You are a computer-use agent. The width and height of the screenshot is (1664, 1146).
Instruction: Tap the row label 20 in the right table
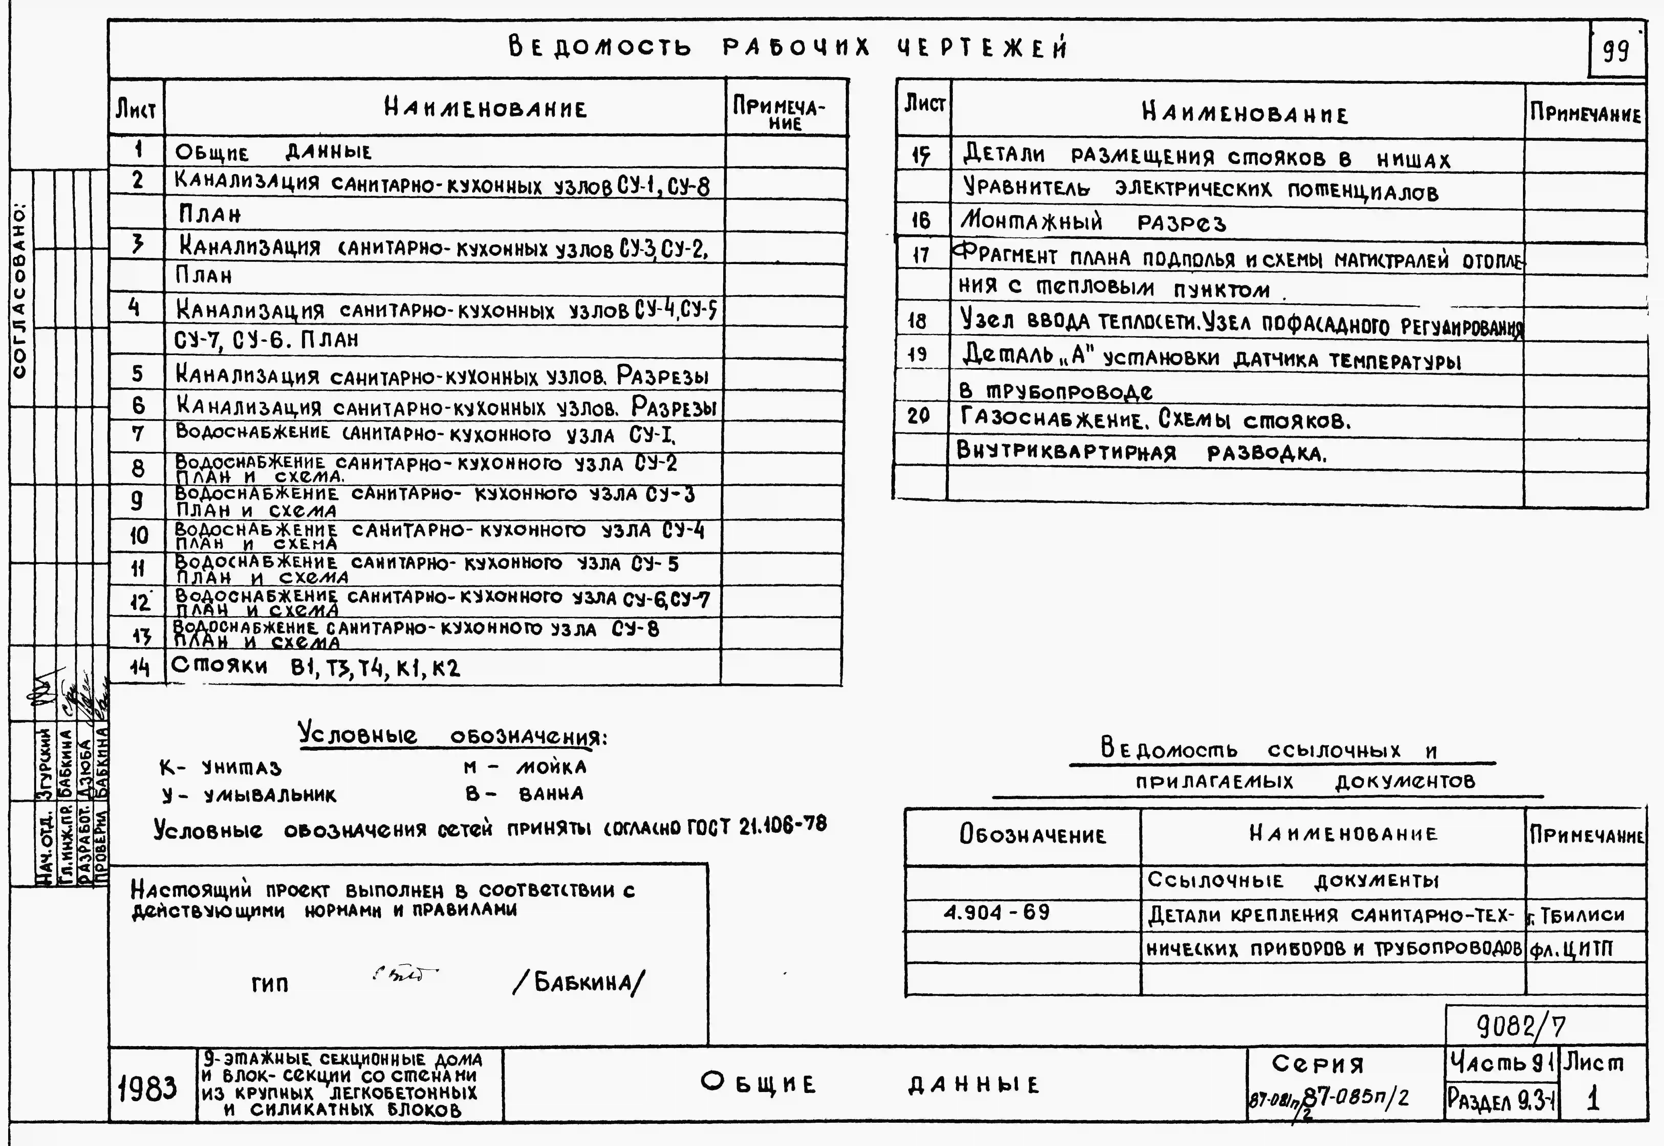[x=919, y=416]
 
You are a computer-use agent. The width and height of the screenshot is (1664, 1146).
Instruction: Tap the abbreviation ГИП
[x=270, y=984]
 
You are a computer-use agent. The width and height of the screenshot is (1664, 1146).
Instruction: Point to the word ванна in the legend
[x=551, y=794]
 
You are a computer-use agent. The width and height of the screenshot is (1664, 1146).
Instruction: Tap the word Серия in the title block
[x=1318, y=1063]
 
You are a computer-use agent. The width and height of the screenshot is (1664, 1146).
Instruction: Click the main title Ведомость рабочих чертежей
[x=788, y=47]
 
